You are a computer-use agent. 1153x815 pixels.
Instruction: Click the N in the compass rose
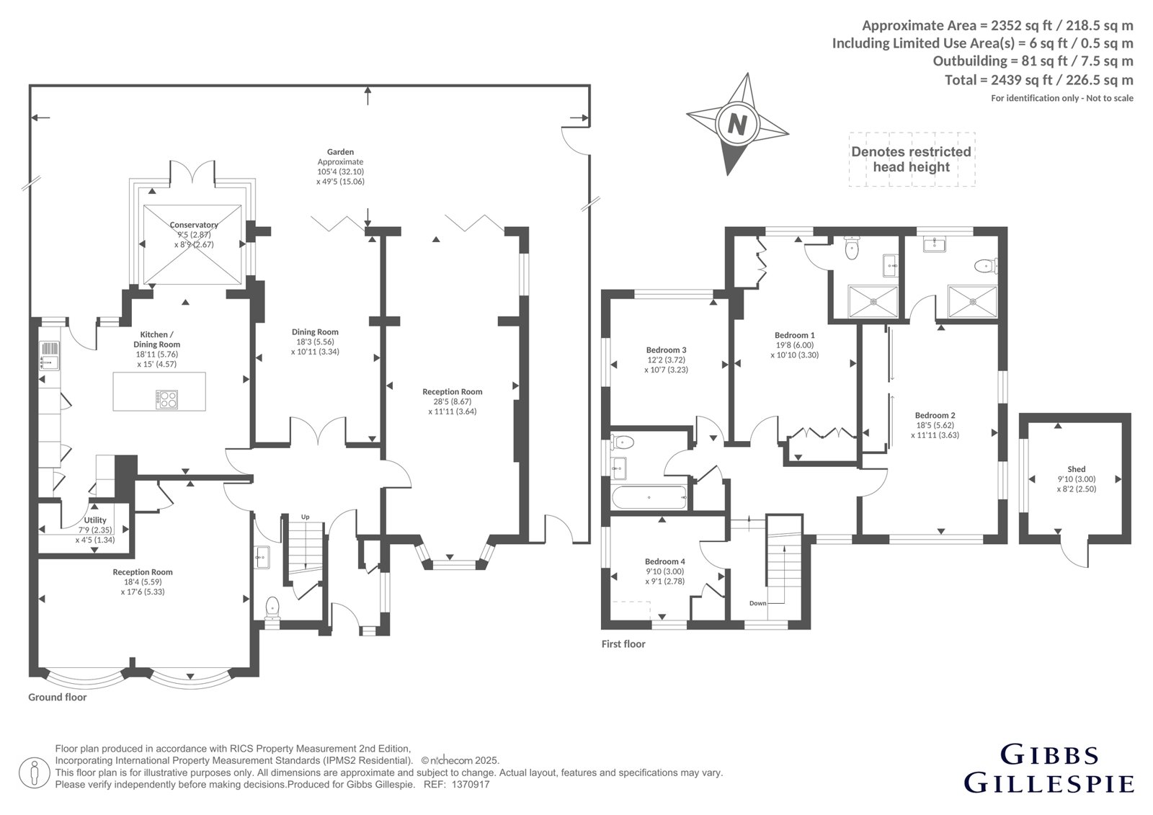click(737, 124)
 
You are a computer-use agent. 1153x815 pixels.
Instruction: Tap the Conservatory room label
click(194, 225)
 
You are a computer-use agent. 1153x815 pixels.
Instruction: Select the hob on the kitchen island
click(166, 399)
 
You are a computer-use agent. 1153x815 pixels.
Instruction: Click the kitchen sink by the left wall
click(49, 356)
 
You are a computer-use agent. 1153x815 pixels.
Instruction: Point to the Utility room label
click(95, 520)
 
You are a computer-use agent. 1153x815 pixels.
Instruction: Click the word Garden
click(340, 152)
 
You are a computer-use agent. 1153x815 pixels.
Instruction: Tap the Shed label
click(1077, 469)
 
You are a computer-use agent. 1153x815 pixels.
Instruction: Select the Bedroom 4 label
click(665, 561)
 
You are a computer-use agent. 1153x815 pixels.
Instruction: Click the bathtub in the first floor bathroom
click(649, 497)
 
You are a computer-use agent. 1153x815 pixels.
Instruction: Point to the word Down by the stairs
click(757, 603)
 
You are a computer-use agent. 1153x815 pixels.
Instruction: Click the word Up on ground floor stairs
click(306, 517)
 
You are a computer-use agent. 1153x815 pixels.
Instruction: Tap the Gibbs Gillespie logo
click(1049, 775)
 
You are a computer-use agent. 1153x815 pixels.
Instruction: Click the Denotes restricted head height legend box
click(912, 159)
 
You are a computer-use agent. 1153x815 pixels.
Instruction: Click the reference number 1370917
click(471, 785)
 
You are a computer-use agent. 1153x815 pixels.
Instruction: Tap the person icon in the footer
click(34, 773)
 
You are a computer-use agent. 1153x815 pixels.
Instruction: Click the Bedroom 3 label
click(666, 350)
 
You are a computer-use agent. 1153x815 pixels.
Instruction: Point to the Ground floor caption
click(57, 697)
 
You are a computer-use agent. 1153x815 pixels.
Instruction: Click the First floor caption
click(623, 644)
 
